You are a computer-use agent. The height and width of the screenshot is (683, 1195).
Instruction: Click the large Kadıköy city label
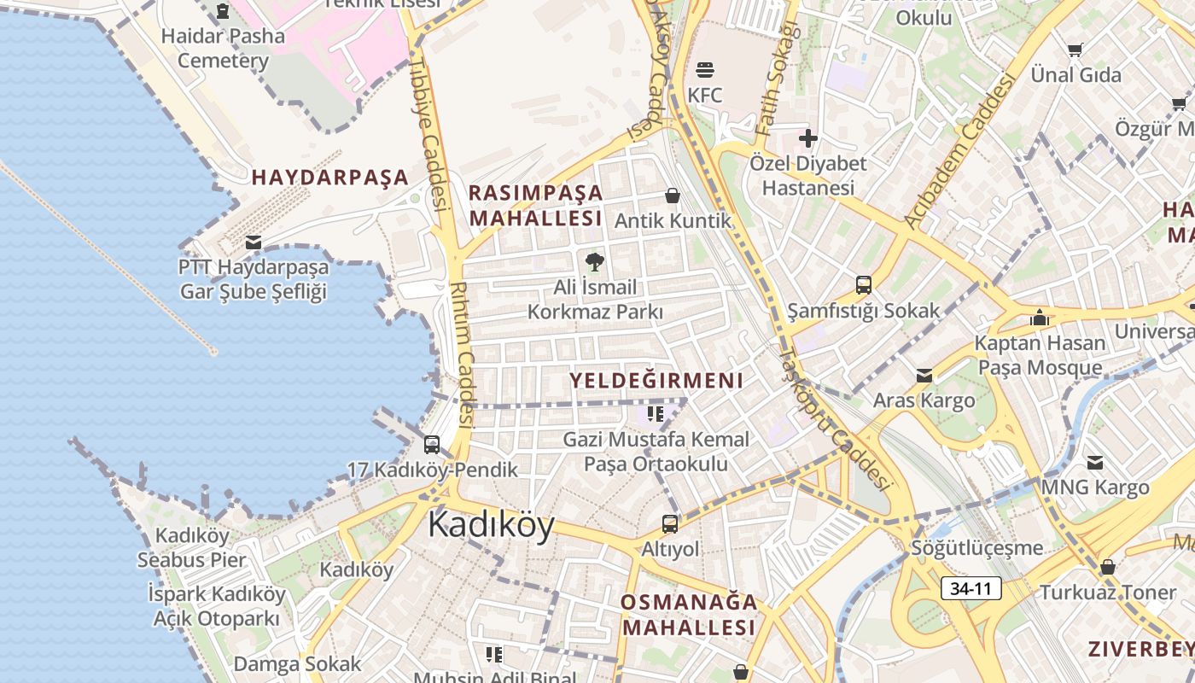491,524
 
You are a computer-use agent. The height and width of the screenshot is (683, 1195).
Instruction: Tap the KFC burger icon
705,69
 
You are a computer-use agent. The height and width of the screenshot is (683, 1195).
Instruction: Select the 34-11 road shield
971,588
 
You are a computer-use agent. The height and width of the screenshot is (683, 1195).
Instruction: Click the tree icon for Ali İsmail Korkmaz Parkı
595,262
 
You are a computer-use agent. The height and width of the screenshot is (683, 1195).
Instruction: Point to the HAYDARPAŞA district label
330,178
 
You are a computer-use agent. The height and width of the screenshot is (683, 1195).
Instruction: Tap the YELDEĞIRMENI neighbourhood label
656,381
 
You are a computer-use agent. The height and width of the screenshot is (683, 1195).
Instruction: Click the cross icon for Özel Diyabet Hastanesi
807,137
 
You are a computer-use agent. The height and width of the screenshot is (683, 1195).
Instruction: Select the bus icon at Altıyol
670,523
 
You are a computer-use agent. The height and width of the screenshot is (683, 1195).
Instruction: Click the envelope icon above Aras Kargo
924,375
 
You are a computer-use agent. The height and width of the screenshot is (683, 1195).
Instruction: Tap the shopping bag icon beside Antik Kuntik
673,196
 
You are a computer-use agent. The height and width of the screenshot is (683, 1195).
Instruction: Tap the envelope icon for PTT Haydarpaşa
253,242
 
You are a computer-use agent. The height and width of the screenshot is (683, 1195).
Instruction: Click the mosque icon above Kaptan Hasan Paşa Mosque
1039,318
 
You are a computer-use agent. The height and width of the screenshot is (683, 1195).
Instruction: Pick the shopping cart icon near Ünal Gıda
1075,50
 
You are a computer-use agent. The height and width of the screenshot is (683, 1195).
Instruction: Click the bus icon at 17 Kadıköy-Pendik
432,445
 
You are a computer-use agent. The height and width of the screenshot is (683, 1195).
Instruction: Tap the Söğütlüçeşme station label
977,547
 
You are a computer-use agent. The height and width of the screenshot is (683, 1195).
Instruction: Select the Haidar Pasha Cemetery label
223,48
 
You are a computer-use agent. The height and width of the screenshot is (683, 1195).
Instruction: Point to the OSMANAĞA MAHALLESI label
689,615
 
